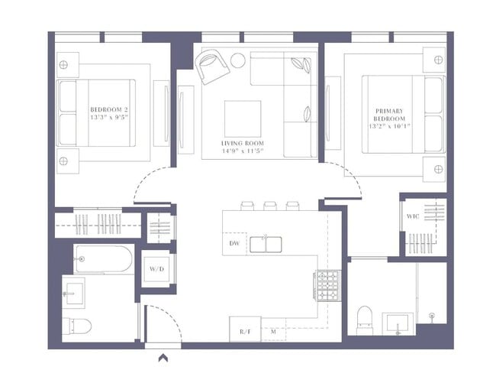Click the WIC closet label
[x=413, y=217]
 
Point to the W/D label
[x=156, y=269]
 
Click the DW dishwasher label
[x=235, y=244]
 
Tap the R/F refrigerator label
[x=246, y=332]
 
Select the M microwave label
[x=273, y=332]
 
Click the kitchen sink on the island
[x=267, y=245]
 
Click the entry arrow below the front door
[x=163, y=356]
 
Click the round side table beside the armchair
[x=238, y=60]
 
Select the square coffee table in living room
[x=242, y=117]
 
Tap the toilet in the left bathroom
[x=76, y=325]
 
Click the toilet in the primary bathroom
[x=364, y=316]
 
